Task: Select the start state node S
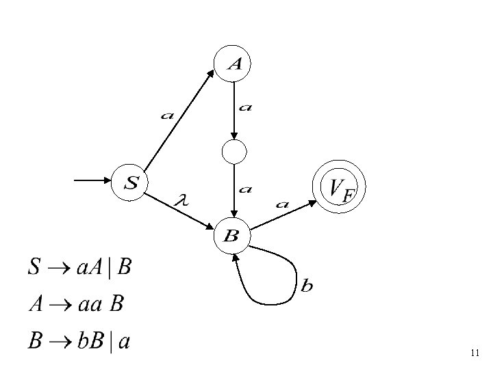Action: pos(131,182)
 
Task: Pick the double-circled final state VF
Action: pos(339,187)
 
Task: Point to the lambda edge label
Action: pos(181,200)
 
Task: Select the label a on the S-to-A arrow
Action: pos(166,115)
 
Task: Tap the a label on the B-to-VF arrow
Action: pos(281,203)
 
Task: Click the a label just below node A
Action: pos(246,107)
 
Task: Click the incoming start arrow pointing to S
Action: pos(92,180)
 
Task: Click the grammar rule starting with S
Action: pos(79,267)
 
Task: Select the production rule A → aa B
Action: pos(76,303)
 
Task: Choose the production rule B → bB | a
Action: pos(79,340)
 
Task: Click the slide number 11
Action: pos(475,353)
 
